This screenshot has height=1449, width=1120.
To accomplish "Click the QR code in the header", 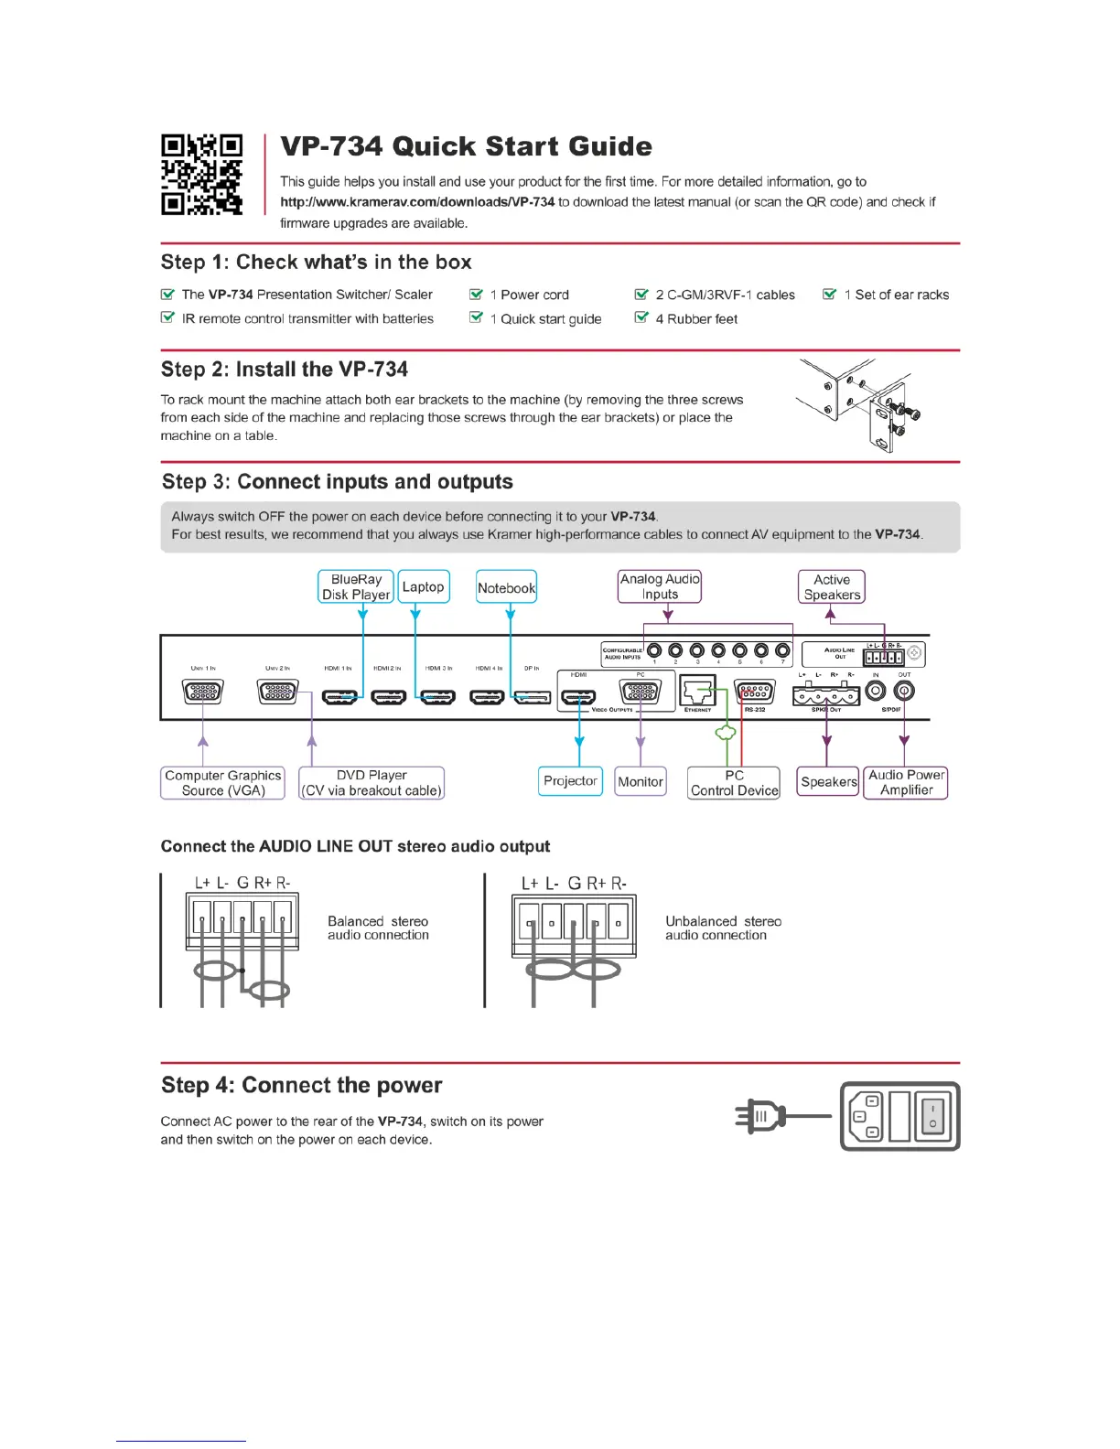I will click(202, 175).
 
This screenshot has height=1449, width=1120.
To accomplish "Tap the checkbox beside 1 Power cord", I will click(476, 295).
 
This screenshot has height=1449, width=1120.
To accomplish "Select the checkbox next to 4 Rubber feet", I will click(641, 318).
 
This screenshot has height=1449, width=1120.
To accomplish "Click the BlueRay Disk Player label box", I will click(356, 587).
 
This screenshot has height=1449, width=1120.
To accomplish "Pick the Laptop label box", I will click(424, 587).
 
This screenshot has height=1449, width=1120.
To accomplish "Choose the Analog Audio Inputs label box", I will click(660, 587).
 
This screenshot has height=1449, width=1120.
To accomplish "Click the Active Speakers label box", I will click(832, 587).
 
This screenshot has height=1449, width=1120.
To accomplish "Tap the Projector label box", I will click(570, 781).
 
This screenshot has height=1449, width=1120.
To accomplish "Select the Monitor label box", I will click(641, 782).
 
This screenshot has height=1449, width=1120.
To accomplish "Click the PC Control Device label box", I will click(734, 783).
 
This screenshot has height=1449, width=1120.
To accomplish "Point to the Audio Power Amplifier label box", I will click(906, 783).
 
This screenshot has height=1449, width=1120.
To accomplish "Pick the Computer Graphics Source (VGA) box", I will click(223, 783).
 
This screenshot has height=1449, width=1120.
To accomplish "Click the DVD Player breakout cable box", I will click(372, 783).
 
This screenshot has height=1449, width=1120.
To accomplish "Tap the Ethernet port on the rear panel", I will click(697, 692).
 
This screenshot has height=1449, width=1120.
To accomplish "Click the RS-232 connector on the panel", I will click(755, 692).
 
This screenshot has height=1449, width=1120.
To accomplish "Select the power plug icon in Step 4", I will click(760, 1116).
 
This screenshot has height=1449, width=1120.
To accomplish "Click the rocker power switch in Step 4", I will click(932, 1116).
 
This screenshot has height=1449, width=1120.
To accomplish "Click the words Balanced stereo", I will click(378, 921).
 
